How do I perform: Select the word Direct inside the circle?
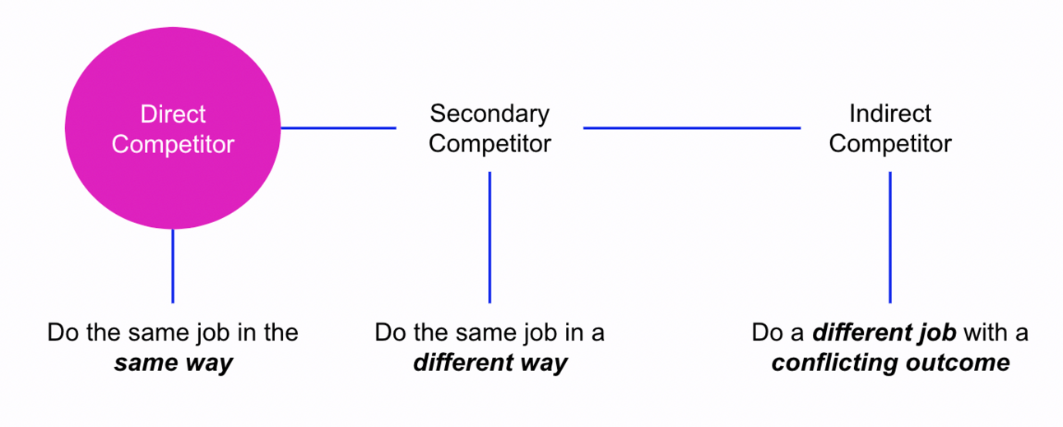pyautogui.click(x=173, y=114)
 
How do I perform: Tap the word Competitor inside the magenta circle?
pyautogui.click(x=173, y=145)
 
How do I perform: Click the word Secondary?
pyautogui.click(x=490, y=113)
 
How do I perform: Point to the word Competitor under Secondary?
pyautogui.click(x=490, y=143)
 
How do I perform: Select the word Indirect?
pyautogui.click(x=890, y=113)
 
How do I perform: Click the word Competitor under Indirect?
pyautogui.click(x=890, y=143)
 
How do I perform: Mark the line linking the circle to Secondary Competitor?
pyautogui.click(x=338, y=128)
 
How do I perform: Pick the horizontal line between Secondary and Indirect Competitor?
pyautogui.click(x=691, y=128)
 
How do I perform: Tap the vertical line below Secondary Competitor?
pyautogui.click(x=490, y=237)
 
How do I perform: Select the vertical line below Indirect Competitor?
pyautogui.click(x=890, y=237)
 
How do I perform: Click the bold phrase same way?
pyautogui.click(x=173, y=363)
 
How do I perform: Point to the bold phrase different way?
pyautogui.click(x=490, y=363)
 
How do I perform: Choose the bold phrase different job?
pyautogui.click(x=884, y=332)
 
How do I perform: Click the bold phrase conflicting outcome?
pyautogui.click(x=890, y=363)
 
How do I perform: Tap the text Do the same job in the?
pyautogui.click(x=173, y=332)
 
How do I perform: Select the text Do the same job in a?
pyautogui.click(x=490, y=332)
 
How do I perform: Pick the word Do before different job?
pyautogui.click(x=766, y=332)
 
